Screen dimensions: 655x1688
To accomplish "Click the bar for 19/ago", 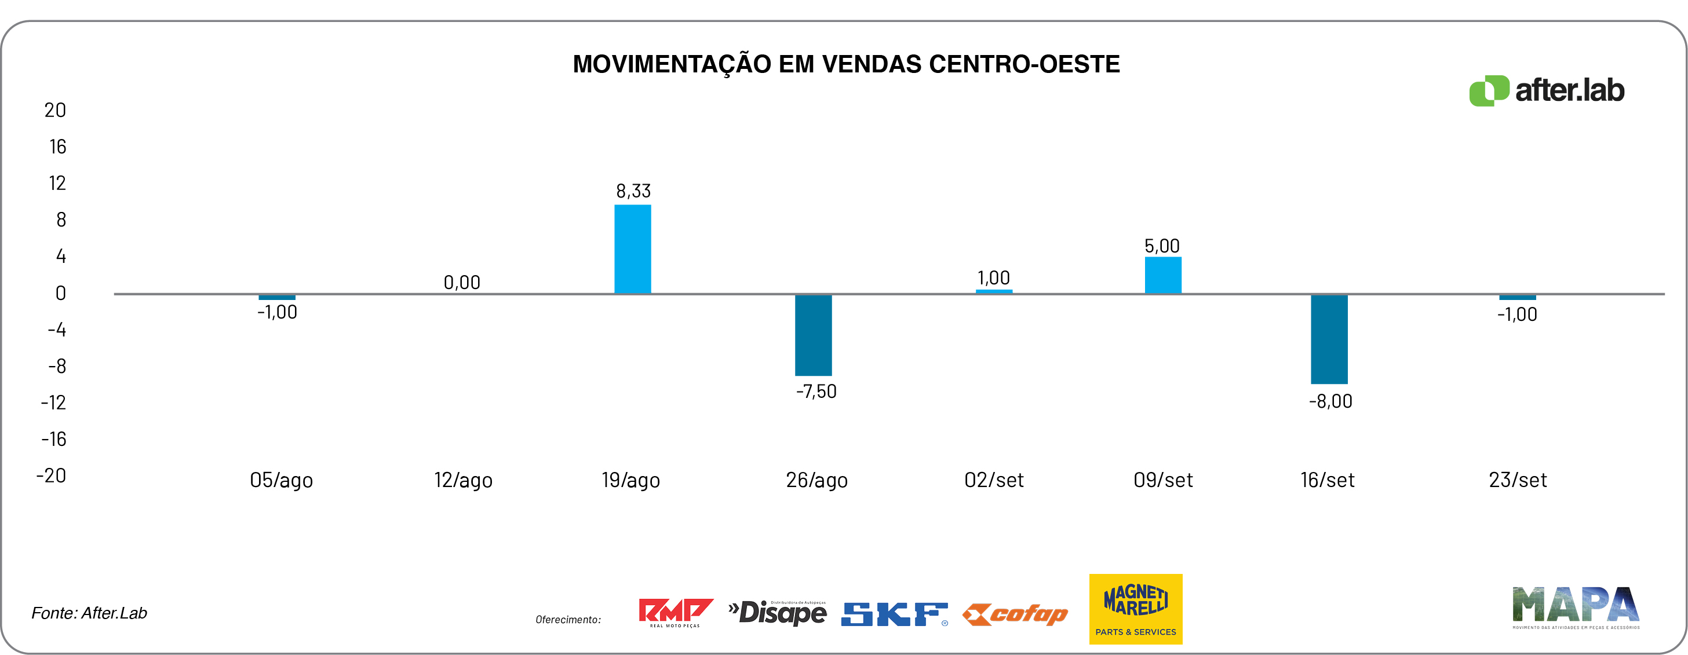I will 632,249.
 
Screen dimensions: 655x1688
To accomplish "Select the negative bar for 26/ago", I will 813,335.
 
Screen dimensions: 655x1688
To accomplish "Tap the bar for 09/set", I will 1162,275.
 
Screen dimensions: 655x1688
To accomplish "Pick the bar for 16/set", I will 1329,339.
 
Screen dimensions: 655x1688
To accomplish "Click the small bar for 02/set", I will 993,291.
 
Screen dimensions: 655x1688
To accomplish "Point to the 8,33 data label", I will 633,191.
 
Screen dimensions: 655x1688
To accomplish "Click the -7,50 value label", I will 816,391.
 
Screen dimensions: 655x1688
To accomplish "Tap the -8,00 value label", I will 1330,401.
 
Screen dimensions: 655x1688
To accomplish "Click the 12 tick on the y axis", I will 58,184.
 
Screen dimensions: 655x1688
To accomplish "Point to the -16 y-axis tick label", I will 54,439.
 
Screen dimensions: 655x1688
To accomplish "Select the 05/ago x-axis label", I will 281,480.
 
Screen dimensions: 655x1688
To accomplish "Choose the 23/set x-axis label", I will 1518,480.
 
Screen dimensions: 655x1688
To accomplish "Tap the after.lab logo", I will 1547,90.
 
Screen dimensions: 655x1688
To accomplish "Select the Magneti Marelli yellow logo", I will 1136,609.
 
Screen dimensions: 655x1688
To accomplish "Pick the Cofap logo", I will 1015,614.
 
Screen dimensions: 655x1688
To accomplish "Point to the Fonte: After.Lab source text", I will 89,613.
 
